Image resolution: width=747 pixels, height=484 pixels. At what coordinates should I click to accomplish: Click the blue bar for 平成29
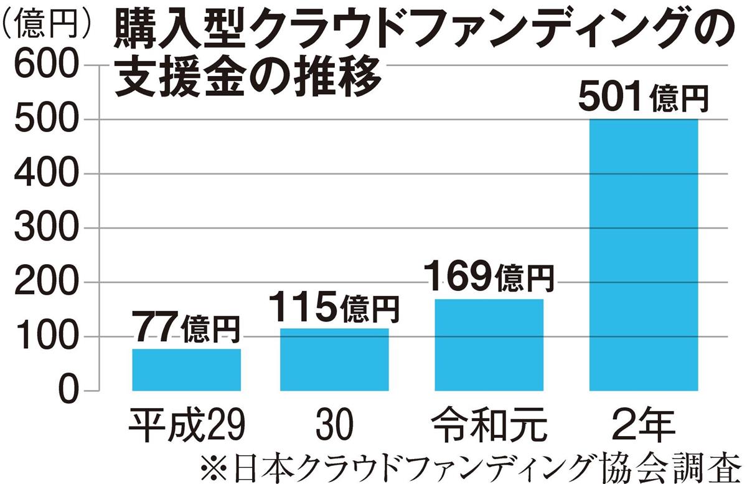click(186, 370)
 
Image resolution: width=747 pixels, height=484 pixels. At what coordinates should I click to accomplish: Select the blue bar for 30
click(334, 359)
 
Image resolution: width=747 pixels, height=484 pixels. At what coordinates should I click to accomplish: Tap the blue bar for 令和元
click(489, 345)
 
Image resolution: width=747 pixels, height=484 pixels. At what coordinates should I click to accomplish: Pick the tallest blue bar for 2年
click(644, 255)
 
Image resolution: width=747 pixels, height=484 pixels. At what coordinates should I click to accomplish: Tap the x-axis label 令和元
click(489, 424)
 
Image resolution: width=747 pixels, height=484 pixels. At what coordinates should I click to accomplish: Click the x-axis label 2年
click(643, 424)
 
